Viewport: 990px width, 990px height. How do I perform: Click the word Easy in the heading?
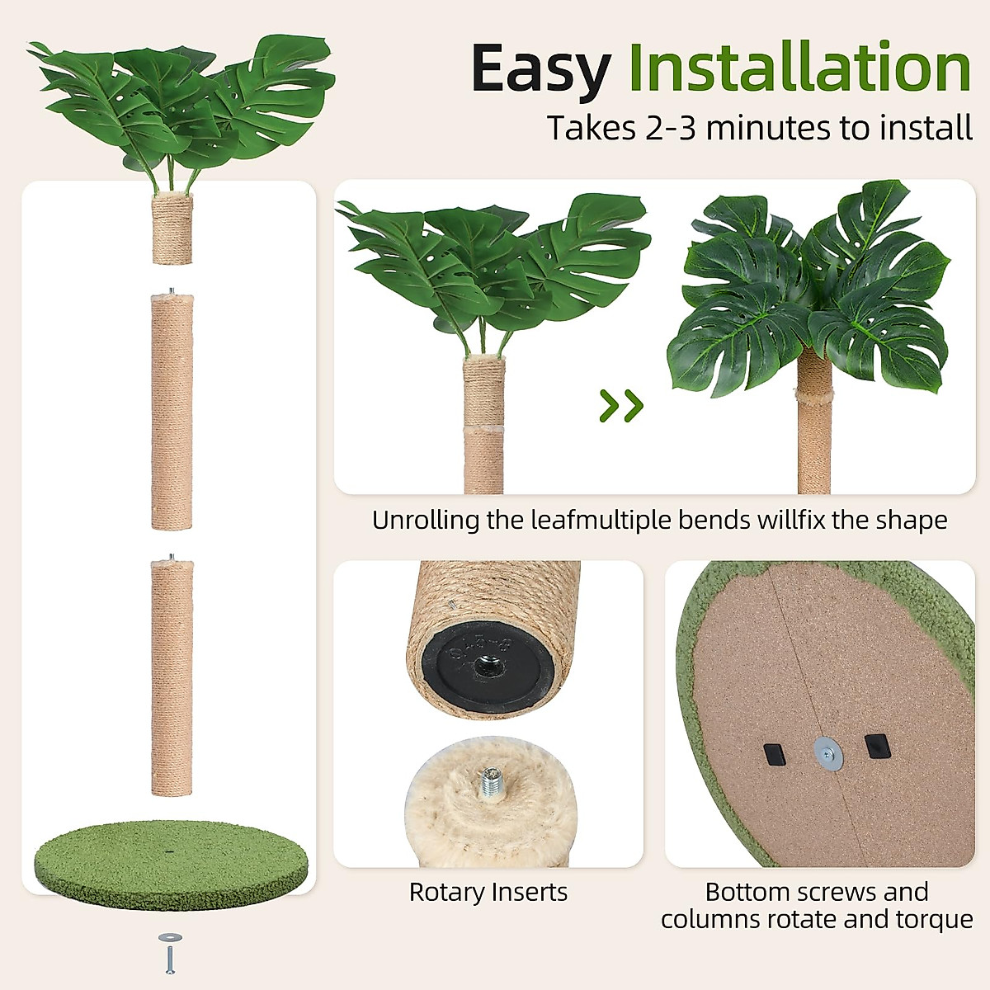(x=540, y=68)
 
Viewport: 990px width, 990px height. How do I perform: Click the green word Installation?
(x=799, y=68)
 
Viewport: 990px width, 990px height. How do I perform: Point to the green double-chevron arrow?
(x=621, y=405)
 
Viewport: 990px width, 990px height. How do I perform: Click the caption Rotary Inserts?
(x=488, y=892)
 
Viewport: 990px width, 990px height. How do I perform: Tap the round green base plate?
(x=171, y=862)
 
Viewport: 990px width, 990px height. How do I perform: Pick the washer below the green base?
(x=170, y=938)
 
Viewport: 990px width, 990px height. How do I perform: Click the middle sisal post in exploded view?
(x=172, y=412)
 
